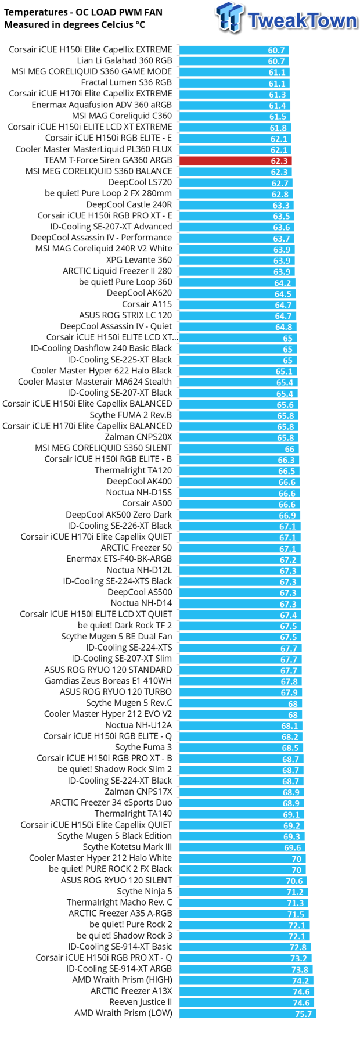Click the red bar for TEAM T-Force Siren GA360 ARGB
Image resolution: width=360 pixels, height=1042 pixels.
[x=235, y=161]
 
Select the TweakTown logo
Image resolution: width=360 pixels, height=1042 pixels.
[x=287, y=19]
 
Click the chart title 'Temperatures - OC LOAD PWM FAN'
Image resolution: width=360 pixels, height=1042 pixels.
[x=83, y=12]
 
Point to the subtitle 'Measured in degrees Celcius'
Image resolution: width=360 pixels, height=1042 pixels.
[x=74, y=25]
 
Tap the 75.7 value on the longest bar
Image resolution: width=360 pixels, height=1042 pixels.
[x=303, y=1014]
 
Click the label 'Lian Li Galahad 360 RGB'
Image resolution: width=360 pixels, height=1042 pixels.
[x=124, y=60]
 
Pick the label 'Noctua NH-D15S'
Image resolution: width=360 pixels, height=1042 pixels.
[x=139, y=493]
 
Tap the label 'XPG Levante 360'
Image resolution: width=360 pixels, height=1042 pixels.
[x=139, y=260]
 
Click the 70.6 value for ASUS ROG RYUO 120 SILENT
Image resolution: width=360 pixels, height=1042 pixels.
[x=294, y=881]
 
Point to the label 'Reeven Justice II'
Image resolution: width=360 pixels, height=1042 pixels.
[x=141, y=1003]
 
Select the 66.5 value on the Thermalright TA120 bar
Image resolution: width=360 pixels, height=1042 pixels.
[x=287, y=471]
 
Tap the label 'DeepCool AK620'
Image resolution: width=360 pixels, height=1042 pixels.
[x=139, y=293]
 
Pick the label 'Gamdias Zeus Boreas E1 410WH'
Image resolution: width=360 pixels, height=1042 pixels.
[x=108, y=681]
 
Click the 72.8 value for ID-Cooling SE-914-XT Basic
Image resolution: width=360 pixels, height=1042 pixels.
[x=298, y=947]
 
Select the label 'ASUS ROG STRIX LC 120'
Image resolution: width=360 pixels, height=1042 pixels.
[x=125, y=315]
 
